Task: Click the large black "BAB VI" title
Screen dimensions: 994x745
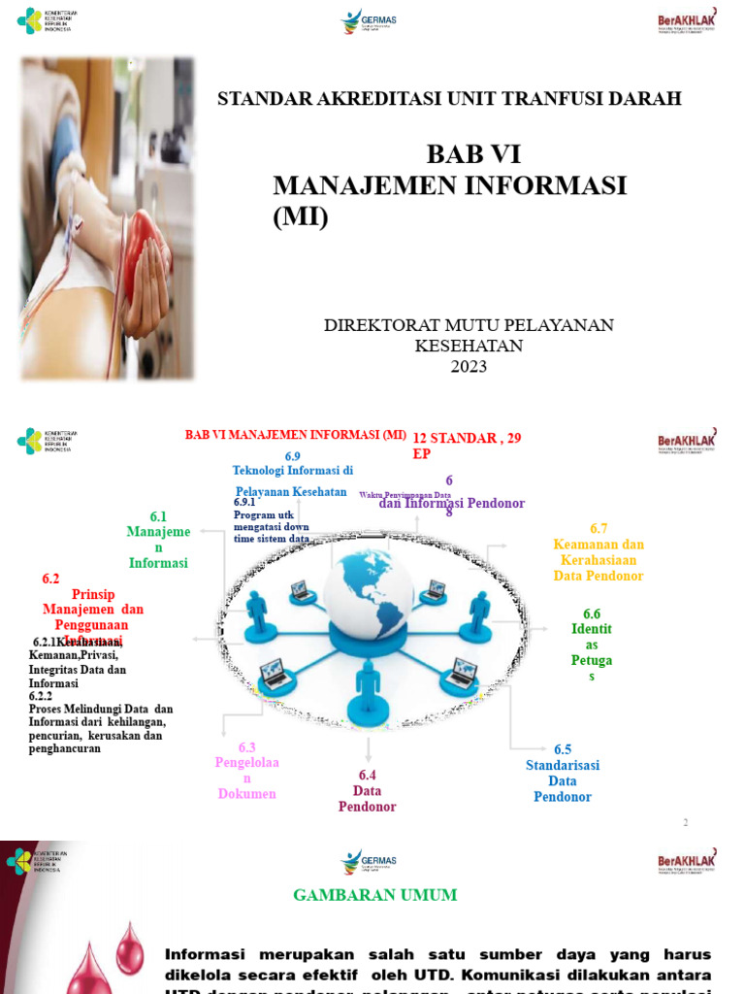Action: pyautogui.click(x=473, y=155)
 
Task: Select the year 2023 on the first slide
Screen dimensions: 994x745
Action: pyautogui.click(x=469, y=366)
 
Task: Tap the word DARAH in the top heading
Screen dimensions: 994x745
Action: pyautogui.click(x=649, y=98)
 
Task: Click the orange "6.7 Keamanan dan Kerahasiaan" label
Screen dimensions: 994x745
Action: pyautogui.click(x=599, y=551)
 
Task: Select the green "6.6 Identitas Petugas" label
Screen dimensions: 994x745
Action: pyautogui.click(x=592, y=645)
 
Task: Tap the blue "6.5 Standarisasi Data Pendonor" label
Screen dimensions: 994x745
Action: pyautogui.click(x=563, y=773)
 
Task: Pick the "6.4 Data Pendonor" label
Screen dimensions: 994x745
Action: pyautogui.click(x=367, y=790)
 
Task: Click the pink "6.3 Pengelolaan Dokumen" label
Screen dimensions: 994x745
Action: pyautogui.click(x=246, y=771)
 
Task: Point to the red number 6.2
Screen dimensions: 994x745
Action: pyautogui.click(x=50, y=579)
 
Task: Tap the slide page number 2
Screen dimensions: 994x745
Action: pyautogui.click(x=685, y=823)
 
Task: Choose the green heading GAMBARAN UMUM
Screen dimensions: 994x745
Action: pyautogui.click(x=374, y=895)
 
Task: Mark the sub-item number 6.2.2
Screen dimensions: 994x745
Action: pyautogui.click(x=41, y=697)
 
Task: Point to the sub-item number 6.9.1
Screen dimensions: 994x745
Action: pyautogui.click(x=244, y=502)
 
